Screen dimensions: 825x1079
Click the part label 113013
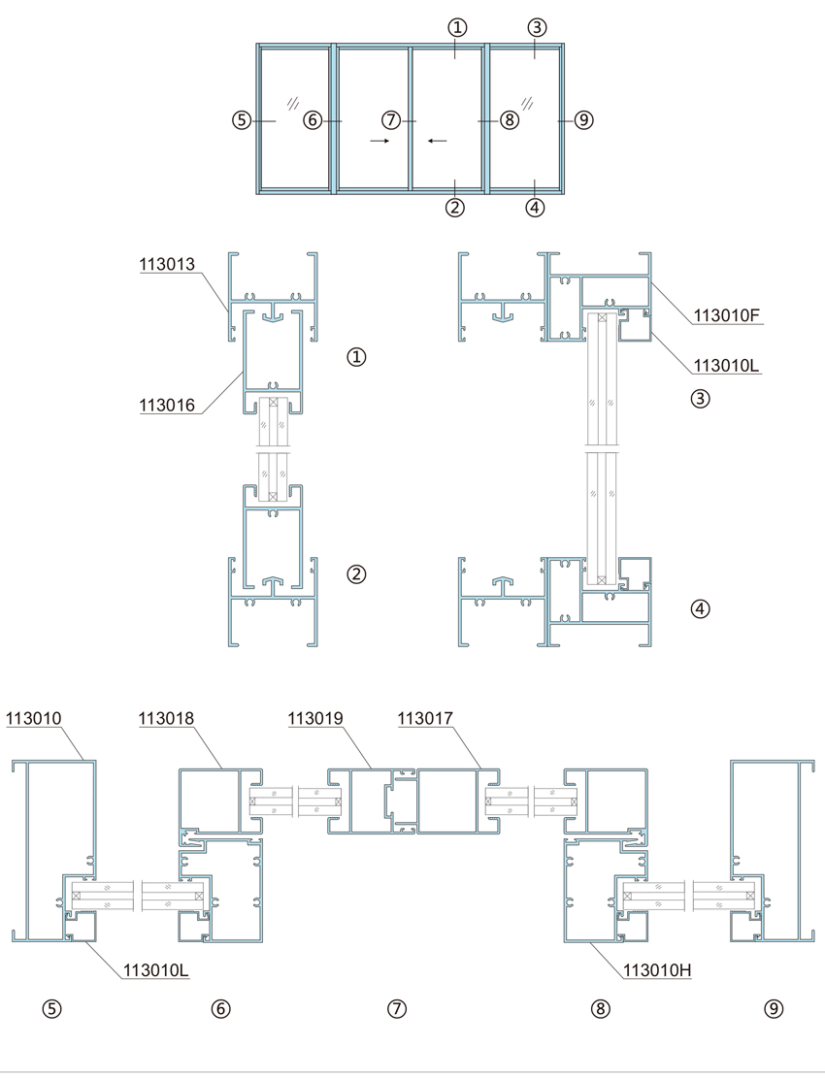[167, 264]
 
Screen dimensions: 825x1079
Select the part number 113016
[167, 406]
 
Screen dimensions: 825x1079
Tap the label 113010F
[727, 316]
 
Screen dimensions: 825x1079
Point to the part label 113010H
[657, 970]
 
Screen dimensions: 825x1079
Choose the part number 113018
[167, 718]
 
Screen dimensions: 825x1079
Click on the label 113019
[315, 718]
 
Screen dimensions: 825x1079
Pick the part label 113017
[425, 718]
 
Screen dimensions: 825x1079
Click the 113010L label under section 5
[155, 970]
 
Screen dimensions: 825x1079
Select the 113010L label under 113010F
[726, 365]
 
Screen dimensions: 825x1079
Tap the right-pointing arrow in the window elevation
[379, 141]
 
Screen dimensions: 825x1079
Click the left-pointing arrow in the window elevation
[437, 141]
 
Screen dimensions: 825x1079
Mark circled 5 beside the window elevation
[241, 120]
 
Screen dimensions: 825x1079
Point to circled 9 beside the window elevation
[583, 120]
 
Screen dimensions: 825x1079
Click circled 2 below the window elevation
[455, 207]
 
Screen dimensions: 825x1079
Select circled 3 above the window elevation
[537, 27]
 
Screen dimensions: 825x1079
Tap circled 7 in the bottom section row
[397, 1009]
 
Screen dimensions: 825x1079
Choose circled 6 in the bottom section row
[220, 1009]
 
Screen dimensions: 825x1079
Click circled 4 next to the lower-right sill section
[700, 608]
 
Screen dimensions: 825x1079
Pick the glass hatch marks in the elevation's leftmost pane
[294, 104]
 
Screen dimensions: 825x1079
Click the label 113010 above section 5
[34, 718]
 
